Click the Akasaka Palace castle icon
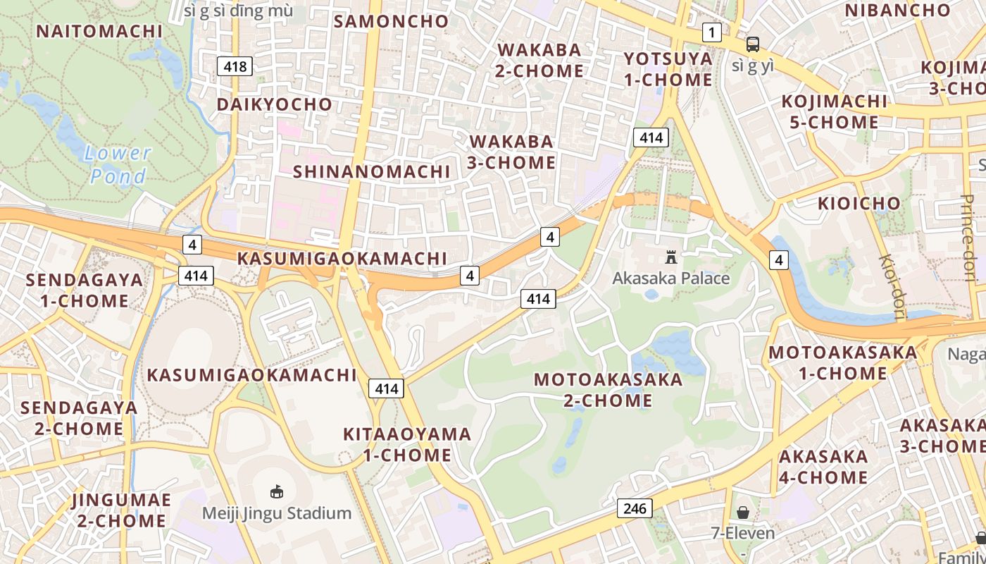tap(670, 257)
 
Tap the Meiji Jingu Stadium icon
tap(277, 491)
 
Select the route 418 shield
tap(235, 66)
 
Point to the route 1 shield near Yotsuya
tap(712, 32)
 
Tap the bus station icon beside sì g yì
tap(753, 44)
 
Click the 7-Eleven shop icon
tap(742, 513)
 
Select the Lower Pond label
tap(118, 164)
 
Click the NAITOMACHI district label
tap(99, 31)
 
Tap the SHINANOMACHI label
tap(371, 171)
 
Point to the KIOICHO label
tap(859, 204)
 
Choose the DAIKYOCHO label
tap(274, 104)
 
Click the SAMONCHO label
tap(391, 21)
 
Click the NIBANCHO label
tap(897, 10)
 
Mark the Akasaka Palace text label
tap(670, 278)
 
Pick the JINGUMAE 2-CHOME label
tap(121, 510)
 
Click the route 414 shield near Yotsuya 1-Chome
tap(650, 137)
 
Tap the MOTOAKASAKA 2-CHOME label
tap(608, 390)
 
